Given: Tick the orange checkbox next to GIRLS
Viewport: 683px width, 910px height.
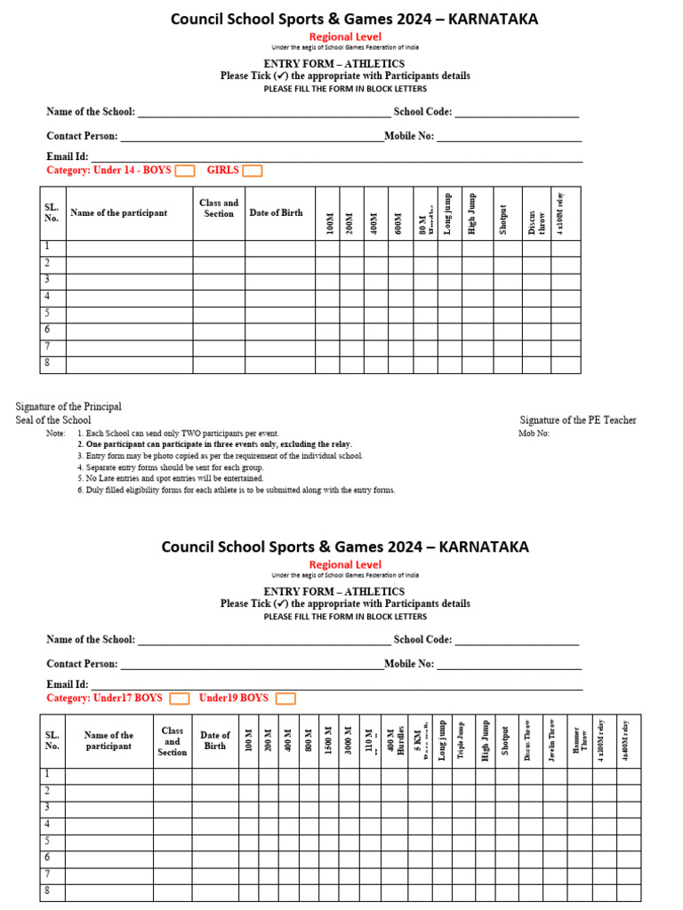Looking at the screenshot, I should point(253,171).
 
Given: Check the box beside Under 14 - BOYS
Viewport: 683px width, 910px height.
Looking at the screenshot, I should point(184,171).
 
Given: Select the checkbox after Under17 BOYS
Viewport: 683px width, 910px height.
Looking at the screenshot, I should point(179,698).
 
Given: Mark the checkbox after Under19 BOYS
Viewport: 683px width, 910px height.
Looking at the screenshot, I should point(285,698).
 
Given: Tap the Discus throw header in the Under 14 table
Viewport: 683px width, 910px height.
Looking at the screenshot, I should point(536,213).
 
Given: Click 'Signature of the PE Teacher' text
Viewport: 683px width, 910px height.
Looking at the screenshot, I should point(578,420).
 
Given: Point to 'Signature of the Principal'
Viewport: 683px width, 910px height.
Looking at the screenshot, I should point(68,407).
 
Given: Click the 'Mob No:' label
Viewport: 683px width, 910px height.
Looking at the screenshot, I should point(534,434).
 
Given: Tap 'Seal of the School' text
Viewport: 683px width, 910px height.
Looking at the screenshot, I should point(53,420).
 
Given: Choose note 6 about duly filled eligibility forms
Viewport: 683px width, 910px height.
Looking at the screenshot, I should point(236,490).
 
